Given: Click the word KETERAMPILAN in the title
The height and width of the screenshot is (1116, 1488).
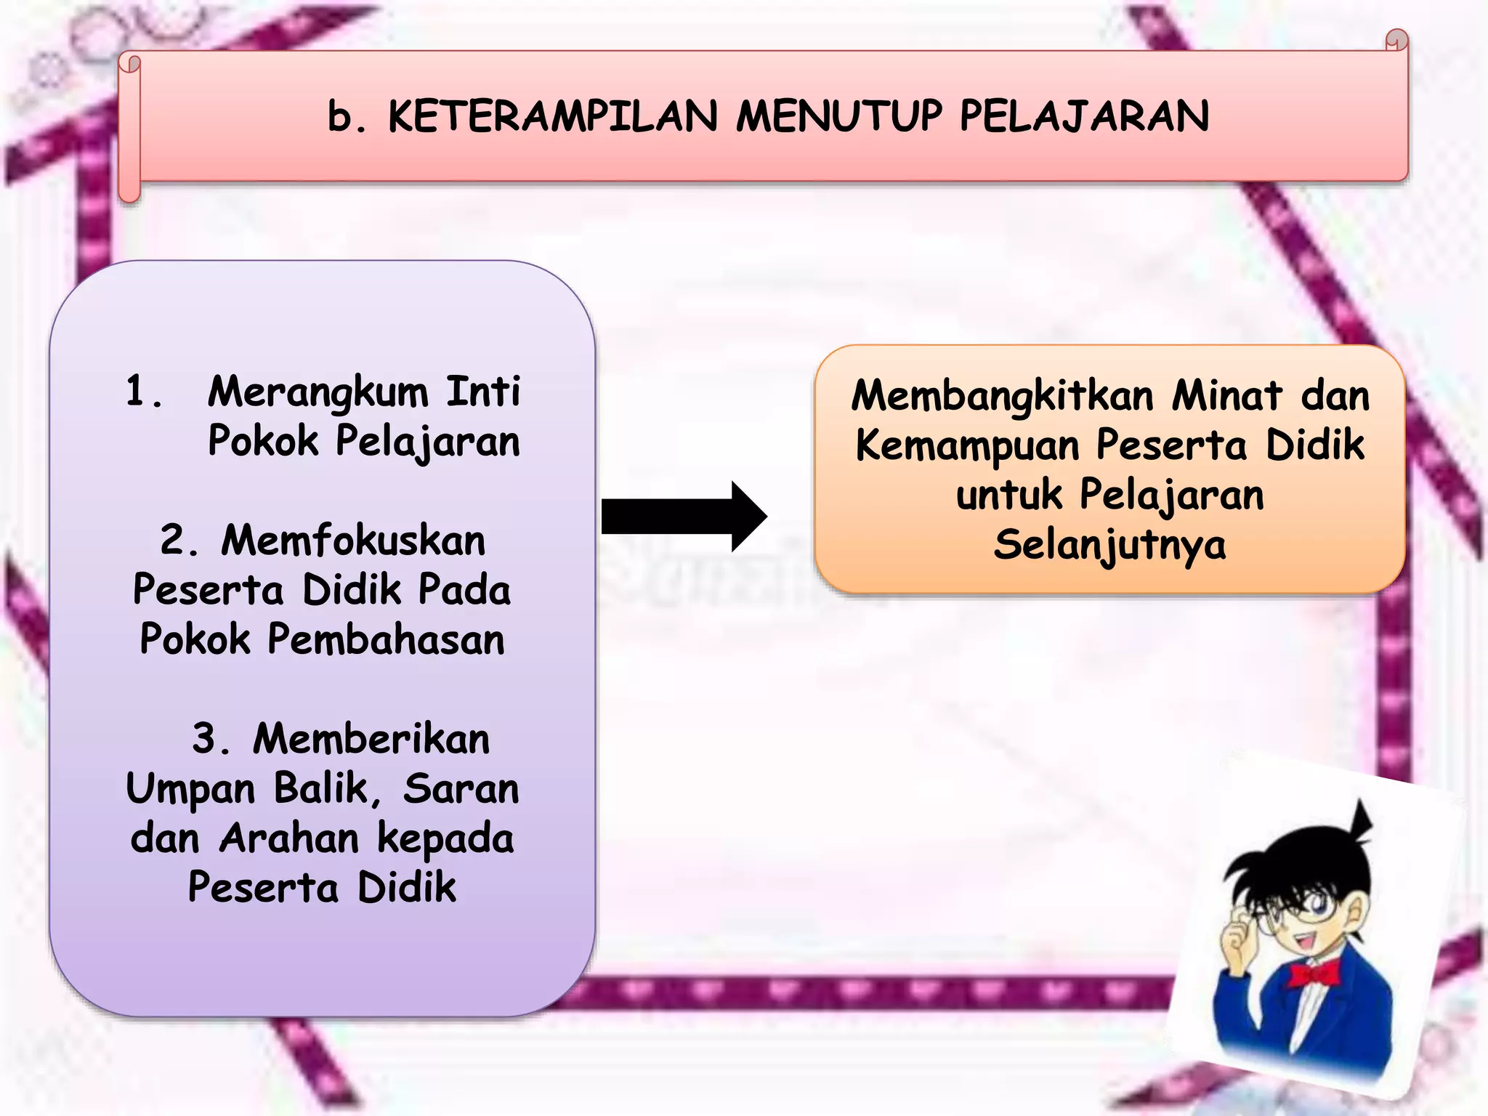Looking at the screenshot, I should [x=553, y=116].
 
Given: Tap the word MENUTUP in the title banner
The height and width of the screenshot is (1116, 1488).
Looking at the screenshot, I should [x=839, y=116].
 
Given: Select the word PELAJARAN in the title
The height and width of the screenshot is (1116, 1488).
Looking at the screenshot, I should [x=1084, y=116].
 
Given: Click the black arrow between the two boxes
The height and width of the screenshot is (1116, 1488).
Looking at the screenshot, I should [x=683, y=516].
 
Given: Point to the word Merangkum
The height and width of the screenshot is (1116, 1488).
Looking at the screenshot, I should [x=318, y=393].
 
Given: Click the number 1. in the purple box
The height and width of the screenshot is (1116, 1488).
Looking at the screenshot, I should [x=143, y=392].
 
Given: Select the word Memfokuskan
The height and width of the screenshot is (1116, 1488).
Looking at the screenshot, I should [x=353, y=541].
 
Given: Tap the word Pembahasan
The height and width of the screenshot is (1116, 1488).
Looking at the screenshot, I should [x=386, y=640].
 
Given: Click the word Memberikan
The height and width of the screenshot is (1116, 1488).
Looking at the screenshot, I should [x=371, y=739].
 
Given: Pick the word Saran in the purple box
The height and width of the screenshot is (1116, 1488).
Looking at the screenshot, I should [x=461, y=789].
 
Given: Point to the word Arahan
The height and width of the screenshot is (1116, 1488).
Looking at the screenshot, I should [x=289, y=838].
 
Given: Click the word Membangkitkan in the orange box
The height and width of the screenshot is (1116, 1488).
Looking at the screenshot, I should [x=1003, y=397].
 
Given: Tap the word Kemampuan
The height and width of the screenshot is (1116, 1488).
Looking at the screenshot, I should [x=968, y=445].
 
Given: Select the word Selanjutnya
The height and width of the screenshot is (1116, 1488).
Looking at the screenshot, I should [x=1109, y=545].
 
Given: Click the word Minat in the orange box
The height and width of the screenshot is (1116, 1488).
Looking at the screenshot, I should [x=1226, y=397].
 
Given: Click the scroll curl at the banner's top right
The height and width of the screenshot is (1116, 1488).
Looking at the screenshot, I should [x=1396, y=40].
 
